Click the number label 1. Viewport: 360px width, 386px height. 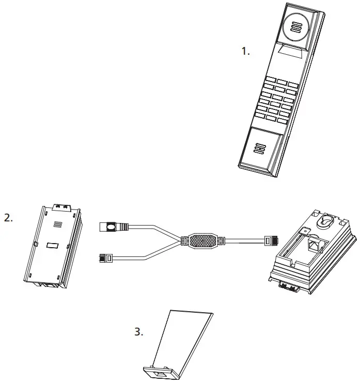[x=246, y=51]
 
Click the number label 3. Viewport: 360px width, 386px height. [x=138, y=332]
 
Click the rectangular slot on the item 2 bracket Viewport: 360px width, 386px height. [x=53, y=246]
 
